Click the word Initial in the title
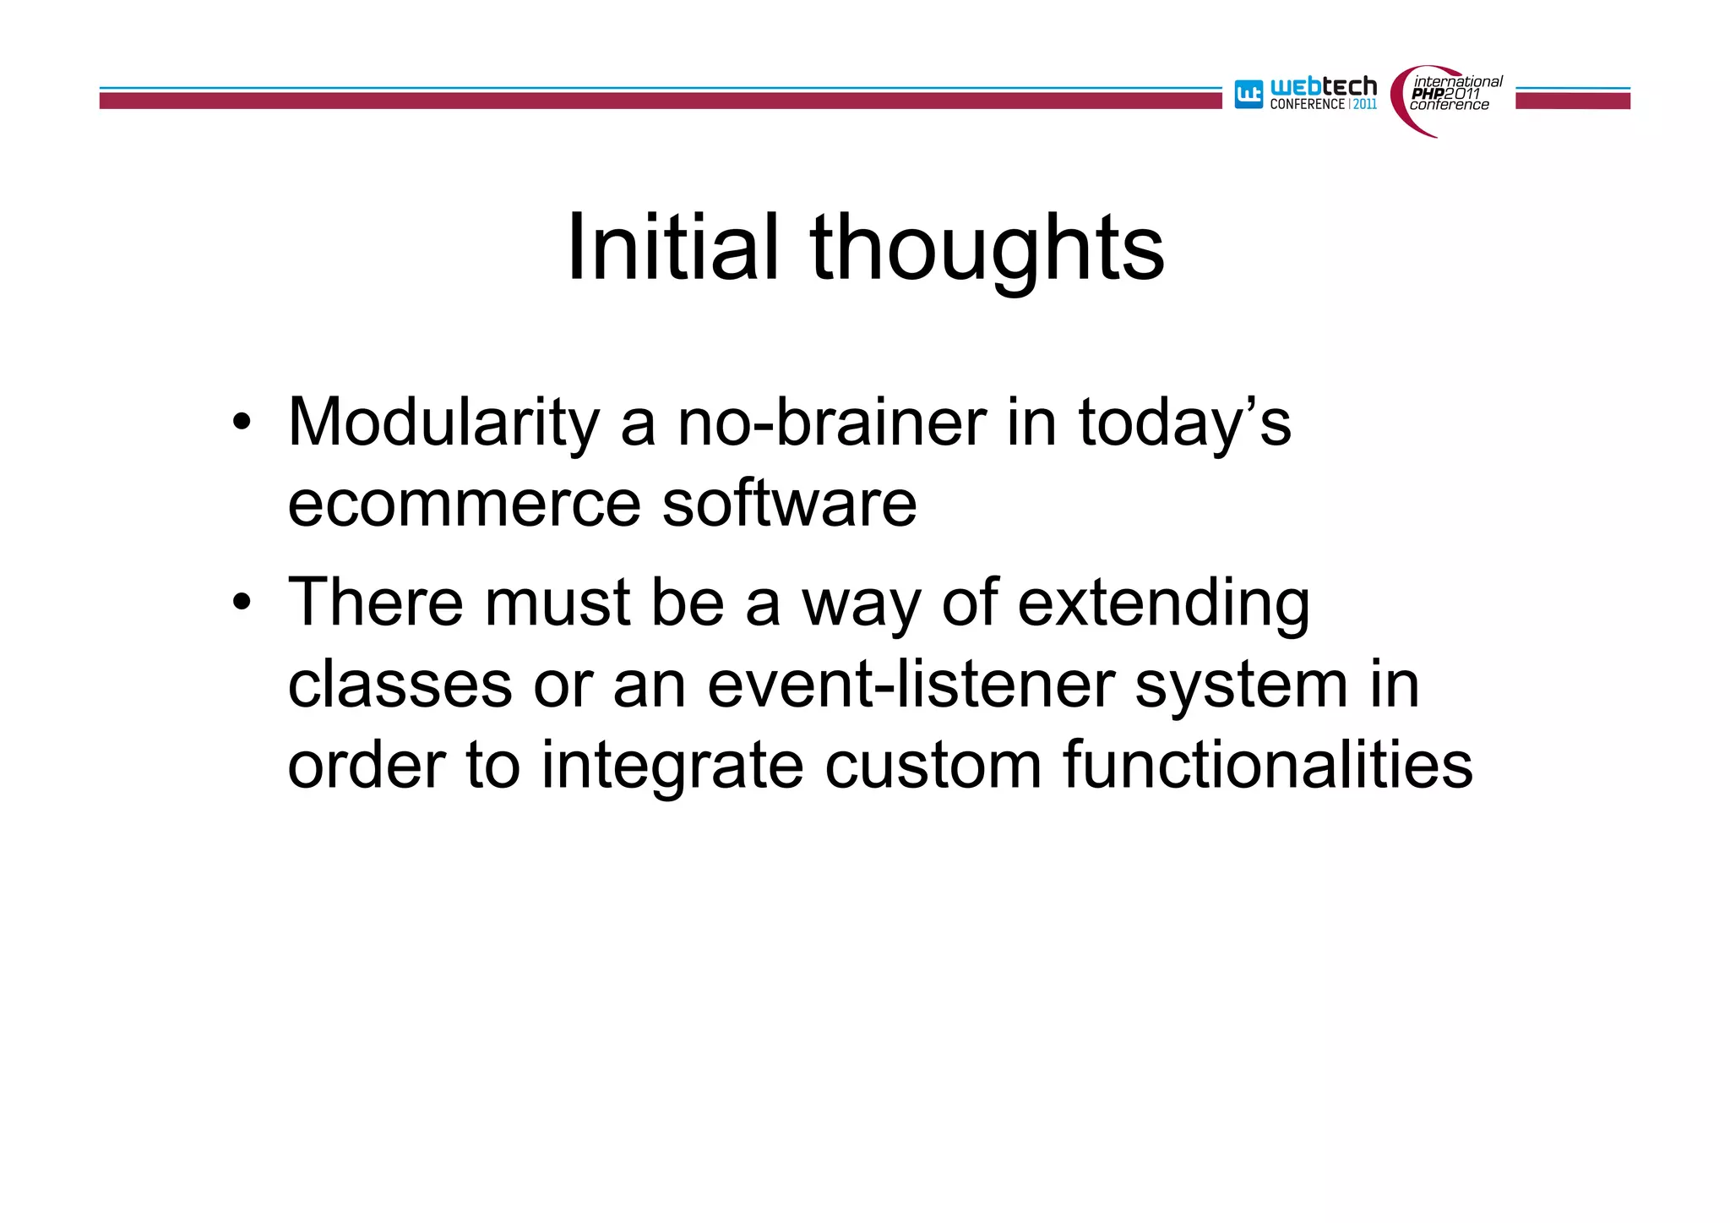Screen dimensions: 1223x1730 (x=672, y=248)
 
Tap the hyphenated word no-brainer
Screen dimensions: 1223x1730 (x=832, y=423)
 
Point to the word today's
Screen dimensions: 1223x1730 (x=1184, y=423)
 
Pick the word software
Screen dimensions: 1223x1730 (x=789, y=505)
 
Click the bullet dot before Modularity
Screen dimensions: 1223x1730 (x=242, y=423)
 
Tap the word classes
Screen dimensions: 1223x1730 (x=400, y=685)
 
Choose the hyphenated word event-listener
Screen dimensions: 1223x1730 (x=911, y=685)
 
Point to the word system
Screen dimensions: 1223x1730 (x=1240, y=685)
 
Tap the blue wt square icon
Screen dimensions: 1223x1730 (x=1249, y=94)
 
